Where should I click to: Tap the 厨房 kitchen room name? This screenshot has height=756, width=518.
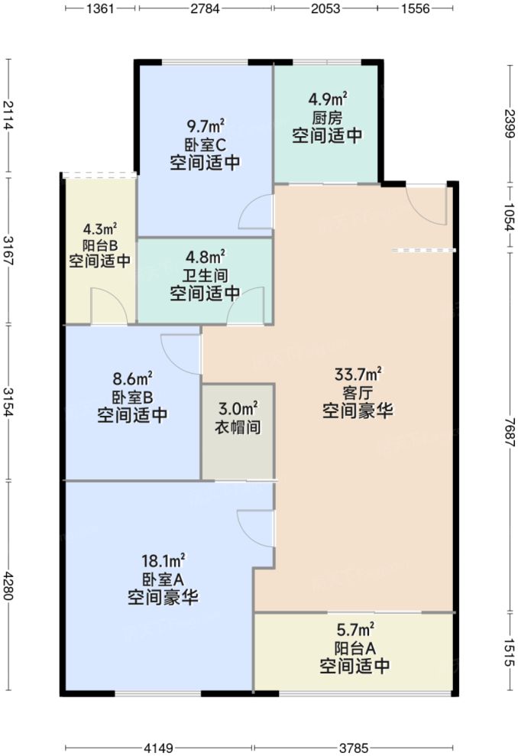tap(327, 118)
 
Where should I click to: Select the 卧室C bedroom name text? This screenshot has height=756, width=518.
tap(206, 144)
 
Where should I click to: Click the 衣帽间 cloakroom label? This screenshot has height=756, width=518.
tap(238, 427)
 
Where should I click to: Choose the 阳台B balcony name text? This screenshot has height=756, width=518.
tap(99, 245)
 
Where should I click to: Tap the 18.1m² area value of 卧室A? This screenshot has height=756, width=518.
tap(163, 561)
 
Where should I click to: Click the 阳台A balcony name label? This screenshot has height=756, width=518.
tap(355, 648)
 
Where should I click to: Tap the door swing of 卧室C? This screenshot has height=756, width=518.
tap(257, 212)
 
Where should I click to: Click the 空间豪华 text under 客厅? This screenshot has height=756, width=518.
tap(358, 410)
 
